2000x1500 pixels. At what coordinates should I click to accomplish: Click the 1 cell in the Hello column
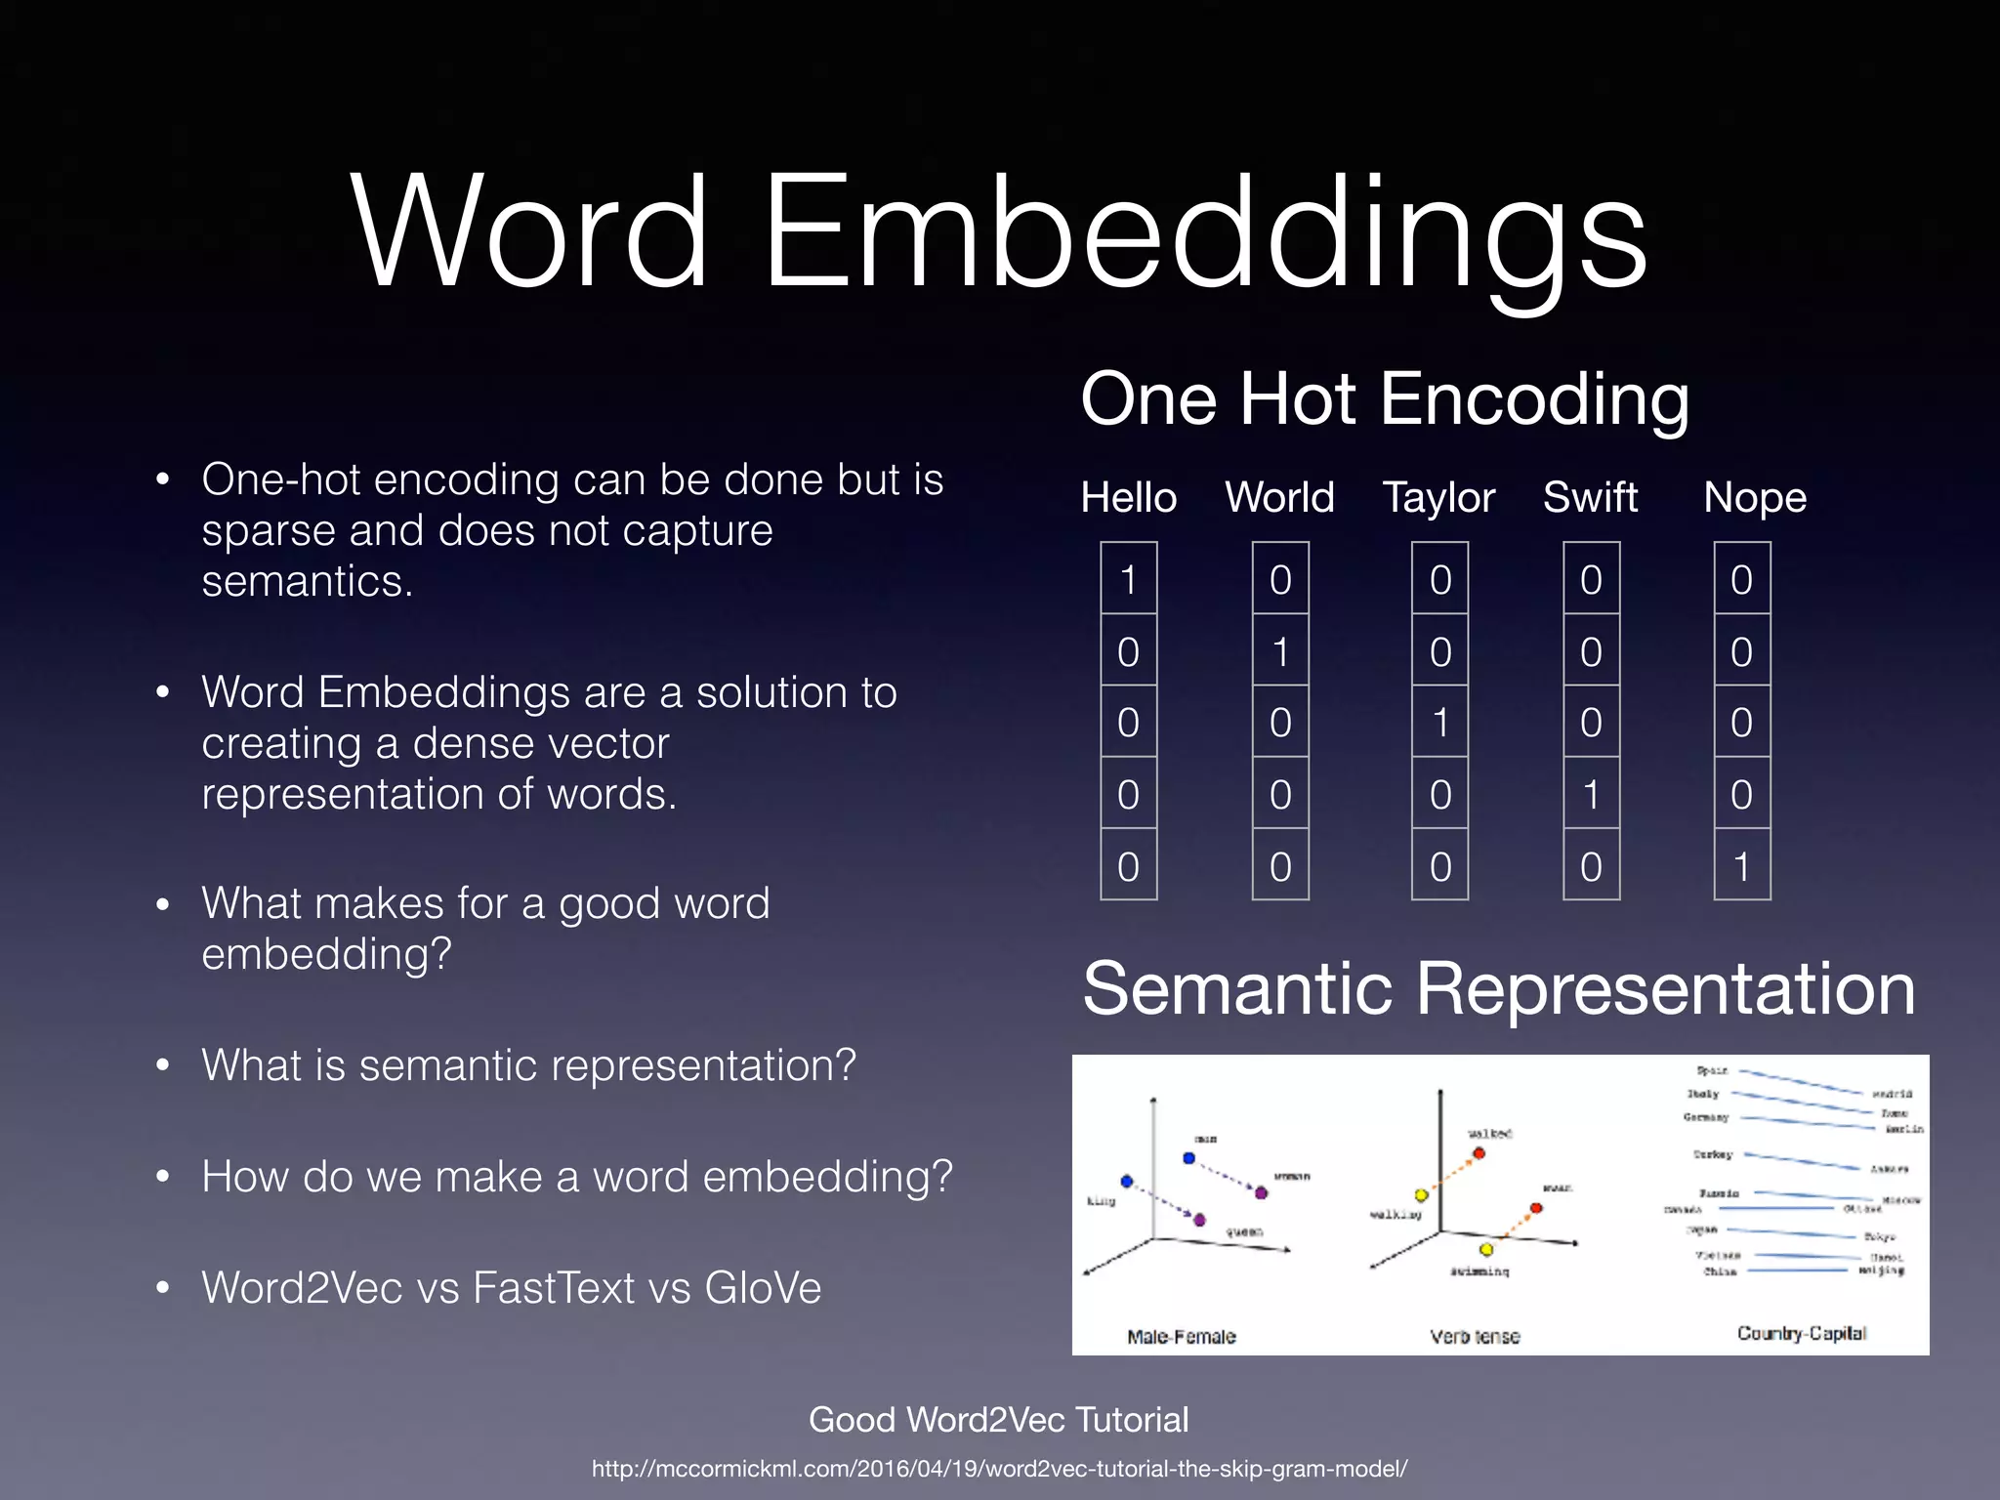point(1129,579)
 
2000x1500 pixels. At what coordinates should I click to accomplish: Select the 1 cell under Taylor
point(1439,723)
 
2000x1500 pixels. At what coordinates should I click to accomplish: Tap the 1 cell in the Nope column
point(1741,866)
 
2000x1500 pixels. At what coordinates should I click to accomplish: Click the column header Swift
point(1590,497)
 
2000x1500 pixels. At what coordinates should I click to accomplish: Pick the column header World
point(1279,497)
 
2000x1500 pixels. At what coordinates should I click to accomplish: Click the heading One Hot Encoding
point(1385,399)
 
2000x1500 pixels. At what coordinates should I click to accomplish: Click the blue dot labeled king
point(1127,1182)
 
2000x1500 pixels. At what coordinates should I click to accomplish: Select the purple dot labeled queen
point(1199,1220)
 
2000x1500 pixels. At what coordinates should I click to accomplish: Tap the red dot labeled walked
point(1479,1153)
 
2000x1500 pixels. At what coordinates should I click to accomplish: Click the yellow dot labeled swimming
point(1485,1249)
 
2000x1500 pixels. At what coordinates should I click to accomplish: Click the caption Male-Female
point(1181,1336)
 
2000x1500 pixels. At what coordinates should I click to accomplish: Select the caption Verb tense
point(1475,1336)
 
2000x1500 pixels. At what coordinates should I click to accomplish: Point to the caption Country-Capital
point(1801,1333)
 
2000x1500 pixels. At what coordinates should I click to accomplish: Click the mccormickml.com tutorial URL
point(999,1469)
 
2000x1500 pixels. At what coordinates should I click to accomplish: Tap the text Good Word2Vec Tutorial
point(998,1419)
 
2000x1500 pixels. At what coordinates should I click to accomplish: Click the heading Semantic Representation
point(1499,988)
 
